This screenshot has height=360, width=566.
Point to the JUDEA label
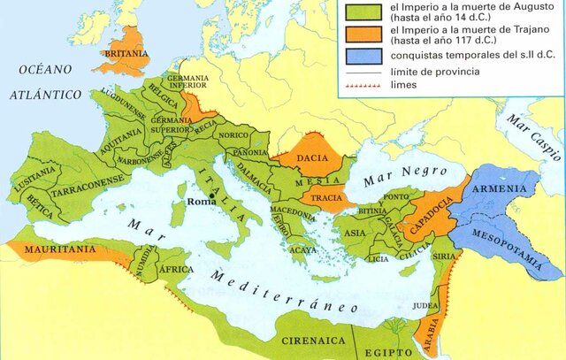pos(425,308)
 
